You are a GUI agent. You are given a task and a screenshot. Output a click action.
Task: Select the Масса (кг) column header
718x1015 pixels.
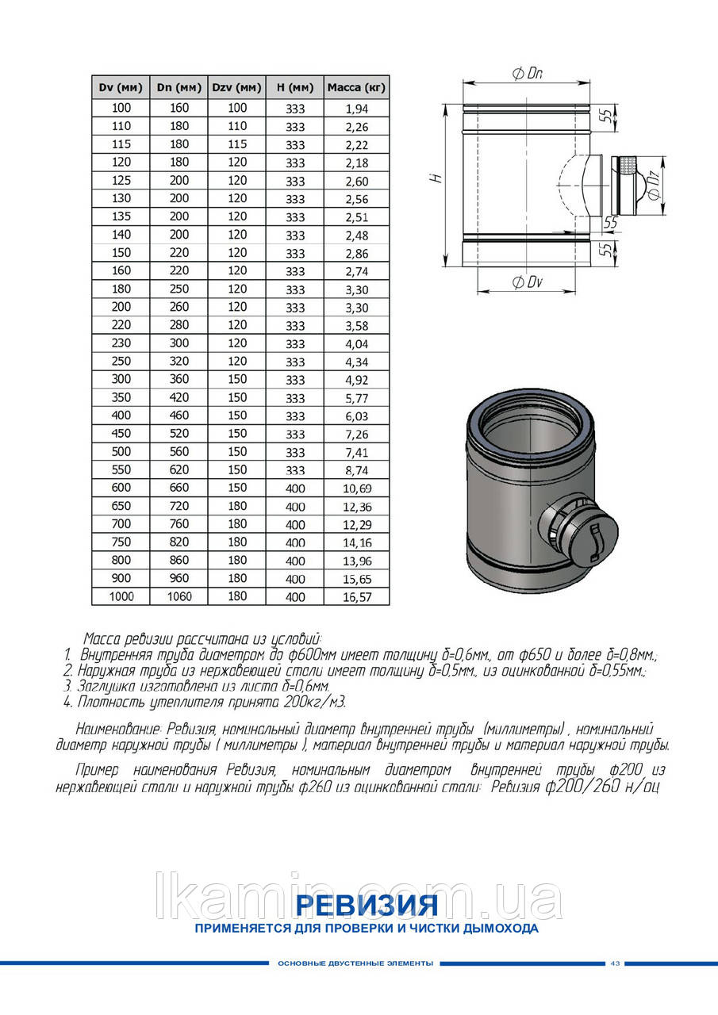tap(356, 87)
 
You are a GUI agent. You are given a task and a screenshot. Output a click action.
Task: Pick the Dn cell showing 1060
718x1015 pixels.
tap(180, 596)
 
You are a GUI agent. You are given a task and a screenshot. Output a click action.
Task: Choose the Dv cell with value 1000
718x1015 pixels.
tap(122, 596)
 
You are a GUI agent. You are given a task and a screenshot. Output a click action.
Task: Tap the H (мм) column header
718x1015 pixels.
tap(294, 87)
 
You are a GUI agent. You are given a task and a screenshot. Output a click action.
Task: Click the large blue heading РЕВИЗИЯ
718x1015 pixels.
tap(366, 905)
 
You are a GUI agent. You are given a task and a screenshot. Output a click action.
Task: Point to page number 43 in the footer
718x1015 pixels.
tap(615, 963)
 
